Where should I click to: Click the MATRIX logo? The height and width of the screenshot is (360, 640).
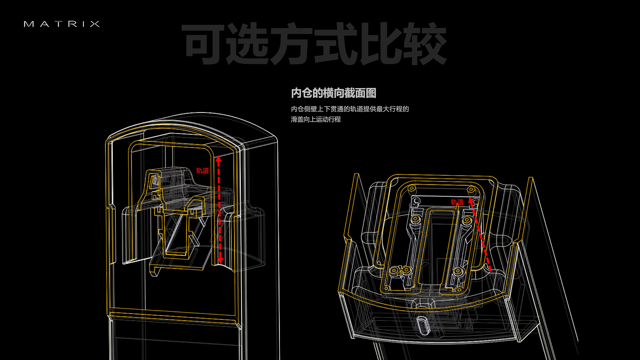tap(62, 24)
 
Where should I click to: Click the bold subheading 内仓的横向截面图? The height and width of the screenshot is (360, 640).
tap(333, 93)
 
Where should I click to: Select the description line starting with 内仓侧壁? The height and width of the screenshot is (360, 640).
tap(350, 109)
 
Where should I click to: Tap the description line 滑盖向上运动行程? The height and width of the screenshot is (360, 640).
tap(316, 119)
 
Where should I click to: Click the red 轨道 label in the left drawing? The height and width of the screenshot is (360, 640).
tap(202, 171)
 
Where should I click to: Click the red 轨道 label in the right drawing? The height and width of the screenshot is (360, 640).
tap(457, 202)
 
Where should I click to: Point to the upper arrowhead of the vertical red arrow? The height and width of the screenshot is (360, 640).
tap(218, 159)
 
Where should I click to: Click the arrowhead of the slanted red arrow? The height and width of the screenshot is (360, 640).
tap(471, 201)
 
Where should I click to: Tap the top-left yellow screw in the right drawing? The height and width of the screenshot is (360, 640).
tap(412, 189)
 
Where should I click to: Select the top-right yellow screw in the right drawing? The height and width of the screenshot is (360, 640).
tap(471, 190)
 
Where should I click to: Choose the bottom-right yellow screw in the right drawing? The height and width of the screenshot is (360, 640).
tap(458, 271)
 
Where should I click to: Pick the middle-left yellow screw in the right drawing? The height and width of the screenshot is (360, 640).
tap(415, 219)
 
